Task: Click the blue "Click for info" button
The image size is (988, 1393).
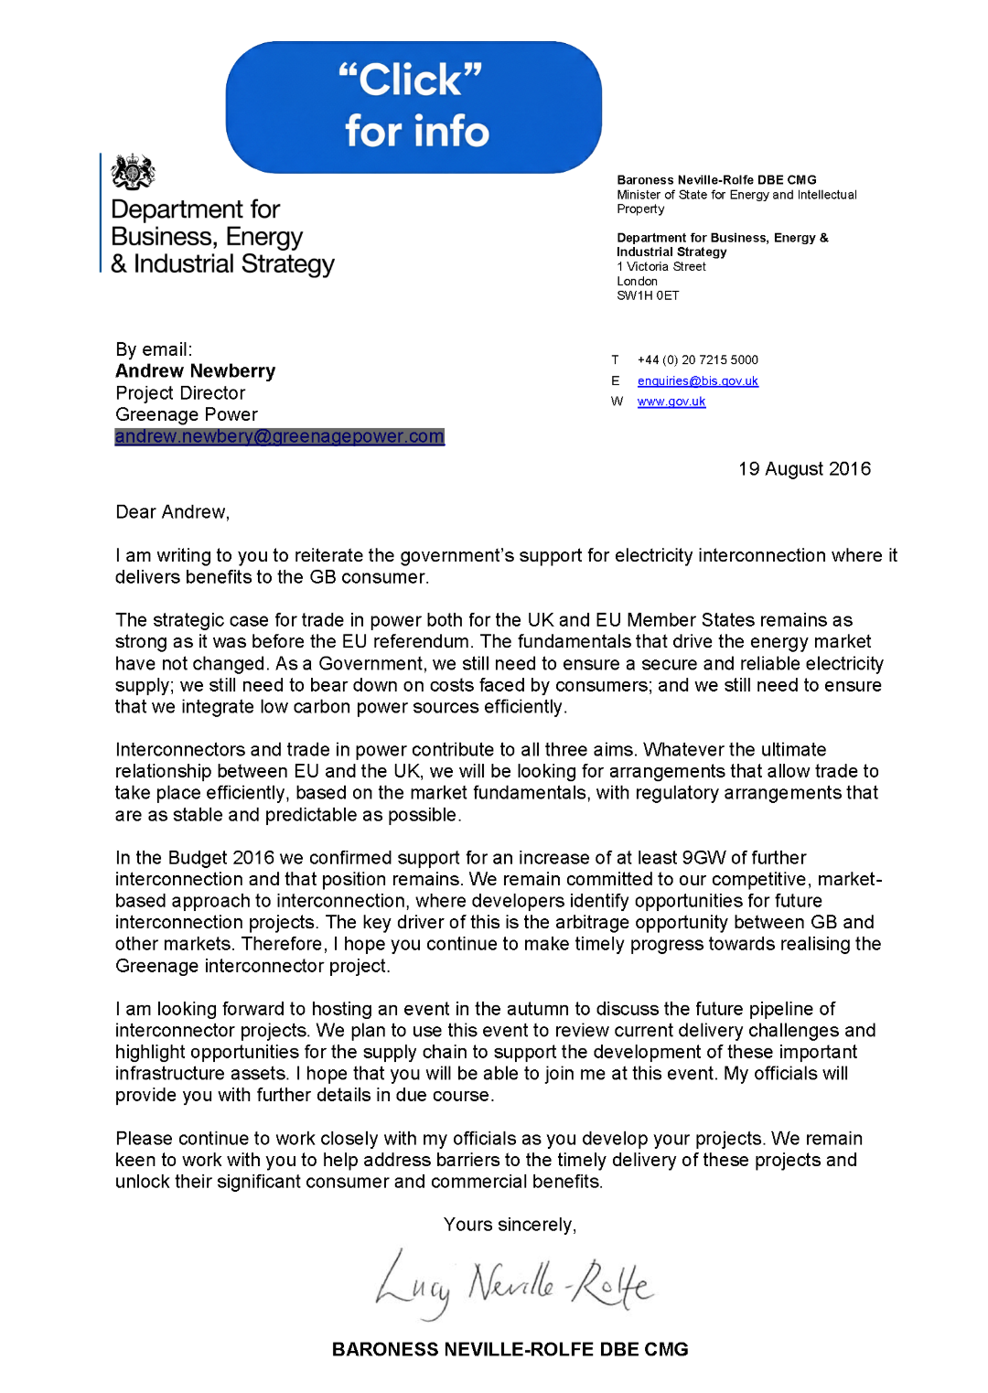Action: coord(413,107)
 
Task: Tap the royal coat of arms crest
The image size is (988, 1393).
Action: coord(133,172)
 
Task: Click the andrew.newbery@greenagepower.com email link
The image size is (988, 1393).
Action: coord(279,436)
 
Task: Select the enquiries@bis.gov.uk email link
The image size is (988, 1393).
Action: coord(697,381)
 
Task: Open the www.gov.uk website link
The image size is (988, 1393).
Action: coord(671,402)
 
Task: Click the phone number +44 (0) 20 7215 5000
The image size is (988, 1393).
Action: coord(697,360)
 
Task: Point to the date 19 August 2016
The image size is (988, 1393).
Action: coord(804,469)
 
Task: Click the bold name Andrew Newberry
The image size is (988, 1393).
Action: coord(195,371)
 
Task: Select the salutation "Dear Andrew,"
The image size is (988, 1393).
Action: coord(172,512)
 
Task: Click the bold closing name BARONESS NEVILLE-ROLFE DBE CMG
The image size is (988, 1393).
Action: coord(510,1349)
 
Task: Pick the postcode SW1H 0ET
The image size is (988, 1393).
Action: coord(648,295)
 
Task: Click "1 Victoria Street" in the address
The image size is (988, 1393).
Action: coord(661,267)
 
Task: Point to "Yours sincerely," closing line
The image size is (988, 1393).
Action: coord(510,1225)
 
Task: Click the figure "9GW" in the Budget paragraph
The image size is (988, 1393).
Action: coord(703,858)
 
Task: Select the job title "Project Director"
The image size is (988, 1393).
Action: coord(180,393)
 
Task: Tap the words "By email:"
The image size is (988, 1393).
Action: coord(154,349)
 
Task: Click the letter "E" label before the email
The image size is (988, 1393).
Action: coord(616,381)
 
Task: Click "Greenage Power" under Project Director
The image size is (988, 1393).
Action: coord(187,415)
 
